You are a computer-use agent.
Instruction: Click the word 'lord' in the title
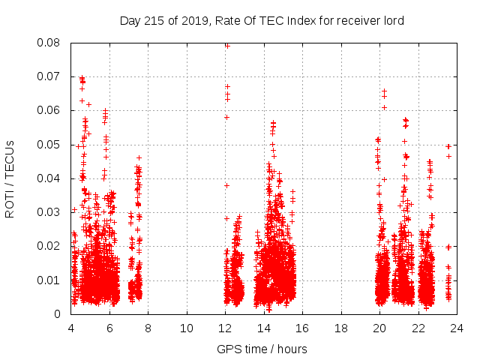point(391,21)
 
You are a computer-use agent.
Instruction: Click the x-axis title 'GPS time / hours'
point(262,349)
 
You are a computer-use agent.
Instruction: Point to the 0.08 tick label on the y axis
point(50,43)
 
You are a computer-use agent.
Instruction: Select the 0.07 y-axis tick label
point(50,76)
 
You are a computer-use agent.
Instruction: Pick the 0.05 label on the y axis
point(50,145)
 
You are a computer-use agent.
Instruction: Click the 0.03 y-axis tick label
point(50,212)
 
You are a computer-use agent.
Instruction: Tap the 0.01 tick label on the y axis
point(50,280)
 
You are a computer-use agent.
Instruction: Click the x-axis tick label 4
point(71,328)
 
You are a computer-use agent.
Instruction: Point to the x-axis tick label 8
point(148,328)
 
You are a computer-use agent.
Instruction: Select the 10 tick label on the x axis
point(187,328)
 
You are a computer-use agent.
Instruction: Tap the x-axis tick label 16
point(303,328)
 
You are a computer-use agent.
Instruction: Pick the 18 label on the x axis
point(341,328)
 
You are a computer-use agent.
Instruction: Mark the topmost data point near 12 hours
point(227,45)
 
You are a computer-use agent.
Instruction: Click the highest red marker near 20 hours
point(384,91)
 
